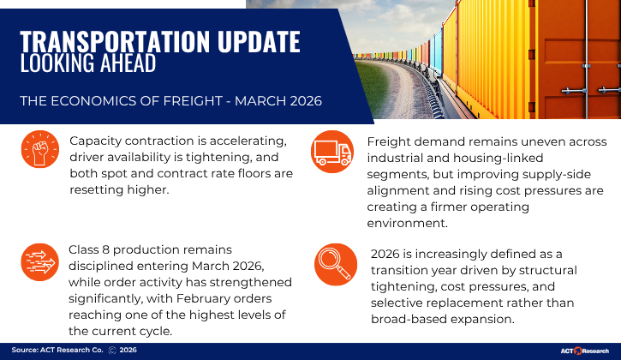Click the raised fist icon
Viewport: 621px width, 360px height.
(x=39, y=151)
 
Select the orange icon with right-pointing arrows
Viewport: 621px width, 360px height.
(x=39, y=262)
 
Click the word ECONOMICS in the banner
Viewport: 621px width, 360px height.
(x=97, y=101)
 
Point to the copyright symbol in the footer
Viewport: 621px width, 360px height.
(x=112, y=351)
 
